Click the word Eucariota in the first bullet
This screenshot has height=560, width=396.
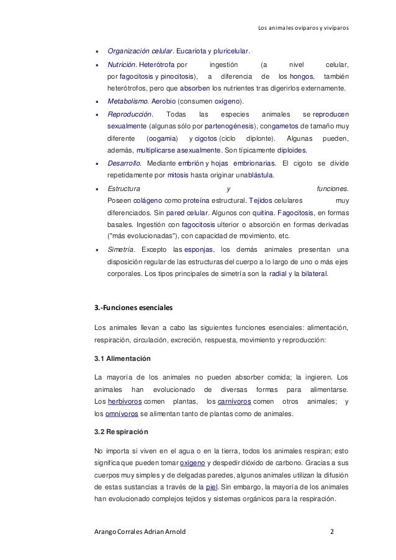coord(193,50)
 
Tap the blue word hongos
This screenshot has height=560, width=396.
coord(302,77)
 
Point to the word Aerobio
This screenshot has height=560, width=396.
coord(163,101)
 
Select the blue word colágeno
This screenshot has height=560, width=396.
coord(147,200)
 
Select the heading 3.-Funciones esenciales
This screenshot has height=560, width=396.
coord(132,308)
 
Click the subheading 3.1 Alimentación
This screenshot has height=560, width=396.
coord(122,359)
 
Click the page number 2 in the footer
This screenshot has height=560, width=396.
coord(332,531)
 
